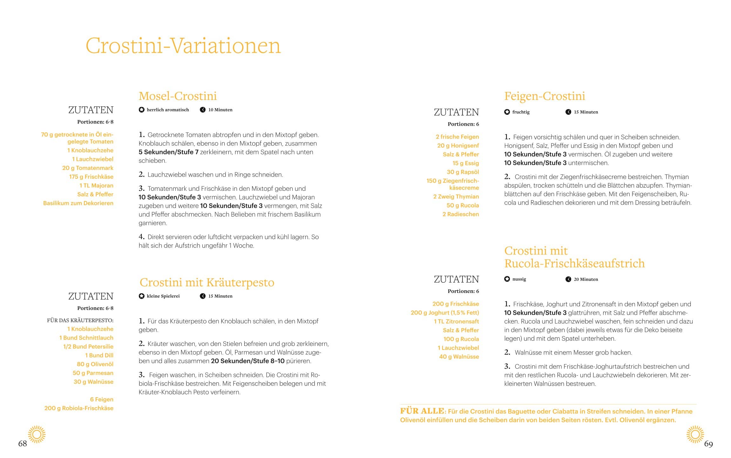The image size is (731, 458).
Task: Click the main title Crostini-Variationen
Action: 183,46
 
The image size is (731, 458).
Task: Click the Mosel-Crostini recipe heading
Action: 178,96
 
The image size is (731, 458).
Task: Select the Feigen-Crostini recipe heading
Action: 545,96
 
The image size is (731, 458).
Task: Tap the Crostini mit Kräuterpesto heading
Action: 207,282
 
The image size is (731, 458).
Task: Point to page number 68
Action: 23,444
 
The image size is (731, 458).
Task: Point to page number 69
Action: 708,444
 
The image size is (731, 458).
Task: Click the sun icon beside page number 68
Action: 37,434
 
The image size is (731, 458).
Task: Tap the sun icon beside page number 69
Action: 695,434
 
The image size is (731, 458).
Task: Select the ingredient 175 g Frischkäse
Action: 91,177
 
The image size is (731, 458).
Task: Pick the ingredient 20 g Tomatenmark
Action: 88,168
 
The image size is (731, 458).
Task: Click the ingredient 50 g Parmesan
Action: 93,373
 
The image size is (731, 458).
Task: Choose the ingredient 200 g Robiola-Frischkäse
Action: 79,408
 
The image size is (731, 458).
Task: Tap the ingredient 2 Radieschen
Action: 461,214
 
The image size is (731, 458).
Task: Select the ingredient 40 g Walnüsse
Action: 459,357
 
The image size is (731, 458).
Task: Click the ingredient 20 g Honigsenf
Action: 458,146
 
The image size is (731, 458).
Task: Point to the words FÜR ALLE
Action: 422,411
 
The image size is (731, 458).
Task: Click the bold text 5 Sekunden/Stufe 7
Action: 168,152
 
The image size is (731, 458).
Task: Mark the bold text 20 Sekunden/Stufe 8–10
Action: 248,361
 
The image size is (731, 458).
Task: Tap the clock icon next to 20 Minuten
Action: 568,279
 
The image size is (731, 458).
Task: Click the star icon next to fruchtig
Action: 507,112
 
